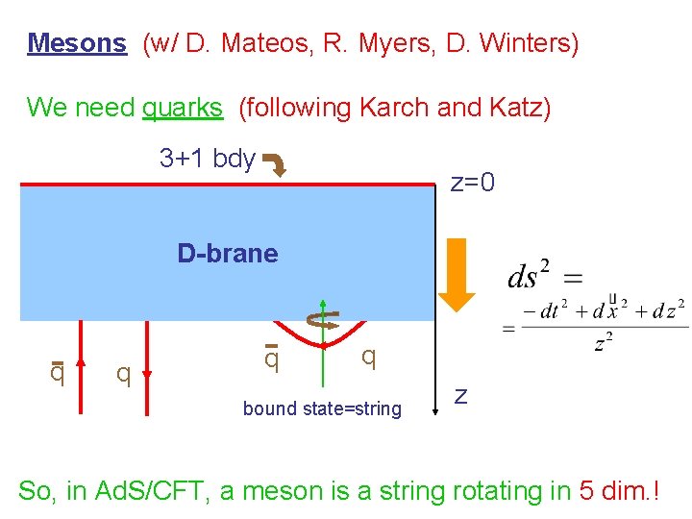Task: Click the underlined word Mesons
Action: click(77, 43)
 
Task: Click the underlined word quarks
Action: click(183, 108)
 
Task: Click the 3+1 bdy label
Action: click(207, 159)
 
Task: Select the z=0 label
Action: click(473, 182)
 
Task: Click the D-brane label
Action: click(228, 254)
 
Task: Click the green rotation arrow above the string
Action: click(324, 318)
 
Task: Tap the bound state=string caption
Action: click(322, 408)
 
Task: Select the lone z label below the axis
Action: click(461, 394)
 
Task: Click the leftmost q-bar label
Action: click(57, 371)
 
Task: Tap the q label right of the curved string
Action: click(368, 358)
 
